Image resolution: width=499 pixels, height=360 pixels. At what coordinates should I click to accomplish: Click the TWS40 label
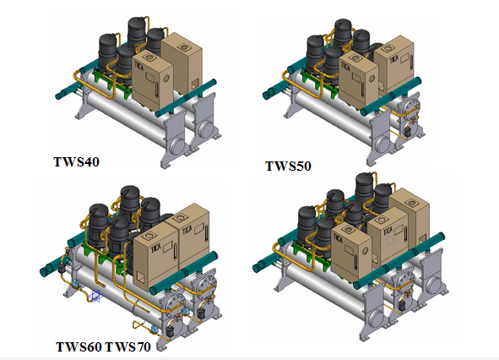point(76,161)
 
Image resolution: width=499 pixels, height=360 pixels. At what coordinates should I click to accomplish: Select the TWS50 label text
point(288,166)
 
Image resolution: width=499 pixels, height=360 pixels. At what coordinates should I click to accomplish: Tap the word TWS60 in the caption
point(79,346)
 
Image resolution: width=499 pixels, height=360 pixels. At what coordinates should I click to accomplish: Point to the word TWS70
point(127,346)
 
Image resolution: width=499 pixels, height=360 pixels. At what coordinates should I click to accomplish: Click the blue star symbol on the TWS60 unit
point(95,296)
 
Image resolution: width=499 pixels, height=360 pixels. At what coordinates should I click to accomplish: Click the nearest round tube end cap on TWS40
point(177,146)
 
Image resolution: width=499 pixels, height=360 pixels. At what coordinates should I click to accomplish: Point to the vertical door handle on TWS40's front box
point(156,90)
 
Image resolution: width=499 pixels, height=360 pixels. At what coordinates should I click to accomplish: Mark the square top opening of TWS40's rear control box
point(183,47)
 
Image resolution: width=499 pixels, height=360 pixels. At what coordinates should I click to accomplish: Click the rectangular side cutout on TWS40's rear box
point(194,85)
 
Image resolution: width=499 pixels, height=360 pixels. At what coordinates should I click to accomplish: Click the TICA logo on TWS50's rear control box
point(393,60)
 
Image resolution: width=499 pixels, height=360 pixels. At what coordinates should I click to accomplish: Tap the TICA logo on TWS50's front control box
point(345,68)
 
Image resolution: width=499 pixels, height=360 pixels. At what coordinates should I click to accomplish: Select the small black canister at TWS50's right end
point(407,132)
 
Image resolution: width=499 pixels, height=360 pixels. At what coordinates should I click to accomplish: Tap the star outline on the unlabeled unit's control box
point(390,240)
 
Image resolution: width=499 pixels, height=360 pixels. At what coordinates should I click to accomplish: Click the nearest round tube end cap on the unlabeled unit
point(377,319)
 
